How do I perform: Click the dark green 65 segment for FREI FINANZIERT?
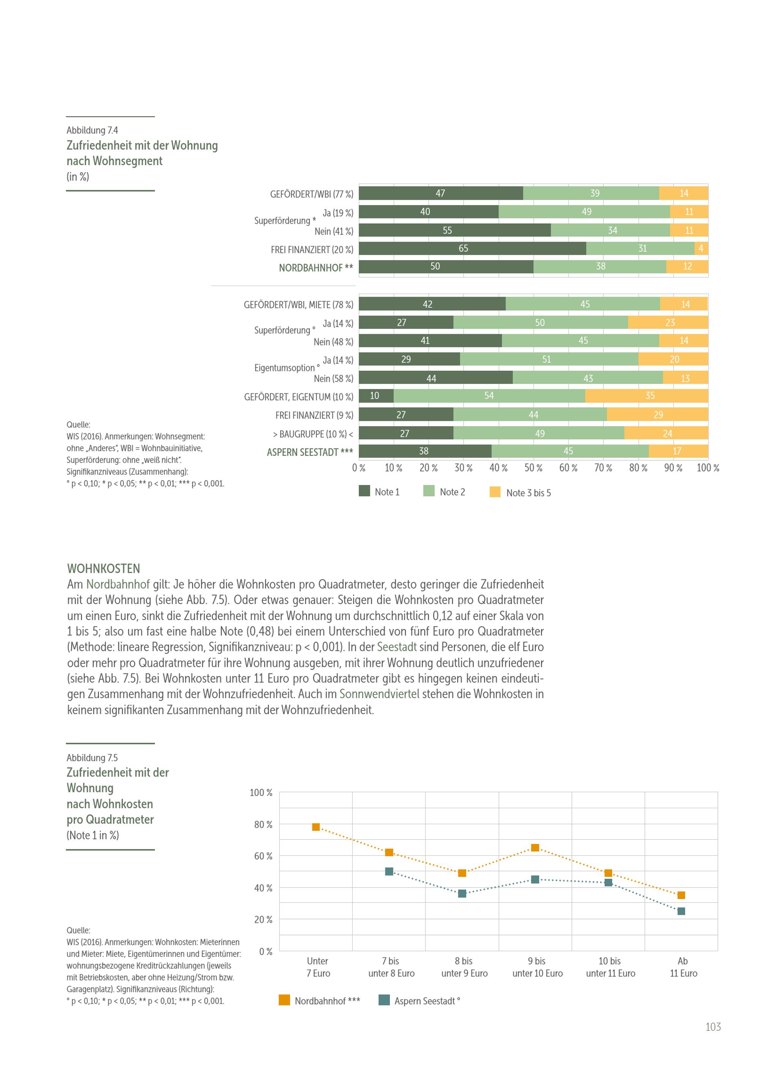point(472,248)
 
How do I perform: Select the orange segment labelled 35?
point(646,396)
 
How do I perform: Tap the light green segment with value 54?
point(489,396)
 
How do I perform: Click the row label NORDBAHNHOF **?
point(316,268)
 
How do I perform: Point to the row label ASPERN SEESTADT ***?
point(310,452)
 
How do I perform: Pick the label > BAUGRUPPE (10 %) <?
point(313,434)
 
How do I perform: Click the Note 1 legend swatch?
point(364,491)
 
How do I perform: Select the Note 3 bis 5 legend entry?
point(520,493)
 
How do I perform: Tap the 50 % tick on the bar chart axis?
point(533,468)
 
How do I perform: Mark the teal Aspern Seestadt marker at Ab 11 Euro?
point(681,911)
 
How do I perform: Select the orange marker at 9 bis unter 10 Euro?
point(535,848)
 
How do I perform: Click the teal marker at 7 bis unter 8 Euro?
point(389,872)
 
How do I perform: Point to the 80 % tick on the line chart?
point(263,825)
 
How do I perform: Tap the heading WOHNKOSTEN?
point(103,569)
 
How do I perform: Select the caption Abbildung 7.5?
point(92,758)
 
